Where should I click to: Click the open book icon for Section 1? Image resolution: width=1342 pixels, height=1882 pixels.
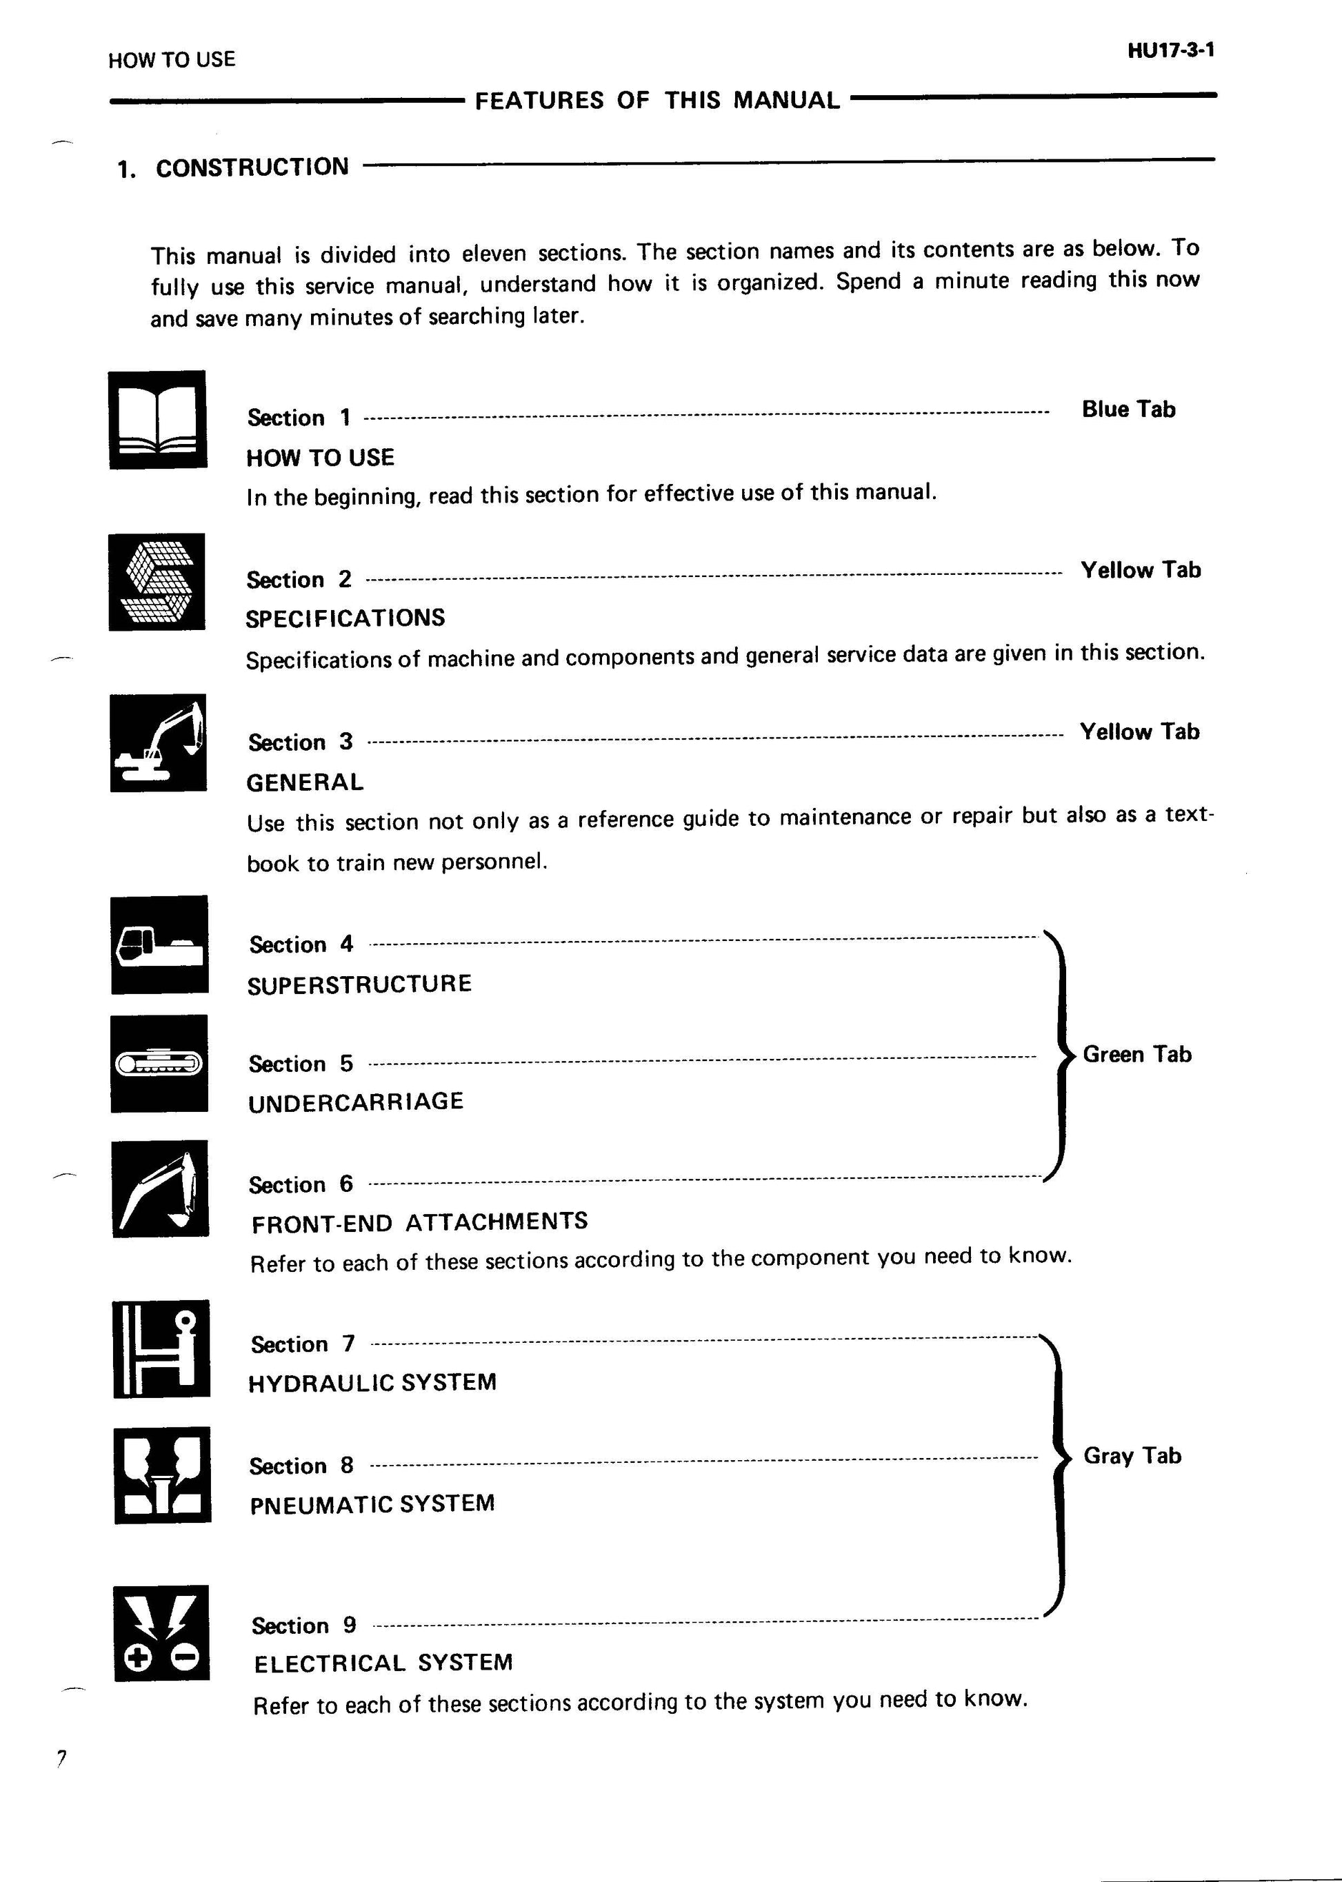(158, 420)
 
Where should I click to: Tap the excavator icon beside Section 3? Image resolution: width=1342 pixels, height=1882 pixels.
(159, 742)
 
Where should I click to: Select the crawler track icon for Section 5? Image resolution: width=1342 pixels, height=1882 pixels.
(159, 1063)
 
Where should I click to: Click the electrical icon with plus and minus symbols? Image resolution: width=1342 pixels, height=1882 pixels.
(161, 1632)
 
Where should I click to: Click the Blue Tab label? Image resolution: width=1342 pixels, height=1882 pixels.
(1128, 409)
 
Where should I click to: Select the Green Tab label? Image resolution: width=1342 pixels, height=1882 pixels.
(1136, 1054)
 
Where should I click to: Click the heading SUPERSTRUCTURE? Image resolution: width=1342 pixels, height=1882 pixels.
(359, 984)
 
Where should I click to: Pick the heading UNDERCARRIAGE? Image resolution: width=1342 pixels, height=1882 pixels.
(355, 1101)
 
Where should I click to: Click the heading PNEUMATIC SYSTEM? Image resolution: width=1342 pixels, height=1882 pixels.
(372, 1504)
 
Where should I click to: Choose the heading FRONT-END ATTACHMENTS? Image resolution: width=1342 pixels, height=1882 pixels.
(419, 1222)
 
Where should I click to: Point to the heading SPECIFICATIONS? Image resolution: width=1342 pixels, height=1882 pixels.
(345, 618)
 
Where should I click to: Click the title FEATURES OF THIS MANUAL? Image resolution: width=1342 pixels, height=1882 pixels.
(657, 101)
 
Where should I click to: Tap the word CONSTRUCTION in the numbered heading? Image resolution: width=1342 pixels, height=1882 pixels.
(252, 168)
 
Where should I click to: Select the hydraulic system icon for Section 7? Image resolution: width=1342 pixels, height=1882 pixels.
(161, 1348)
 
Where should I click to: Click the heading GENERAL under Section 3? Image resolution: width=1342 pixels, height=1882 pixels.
(305, 782)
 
